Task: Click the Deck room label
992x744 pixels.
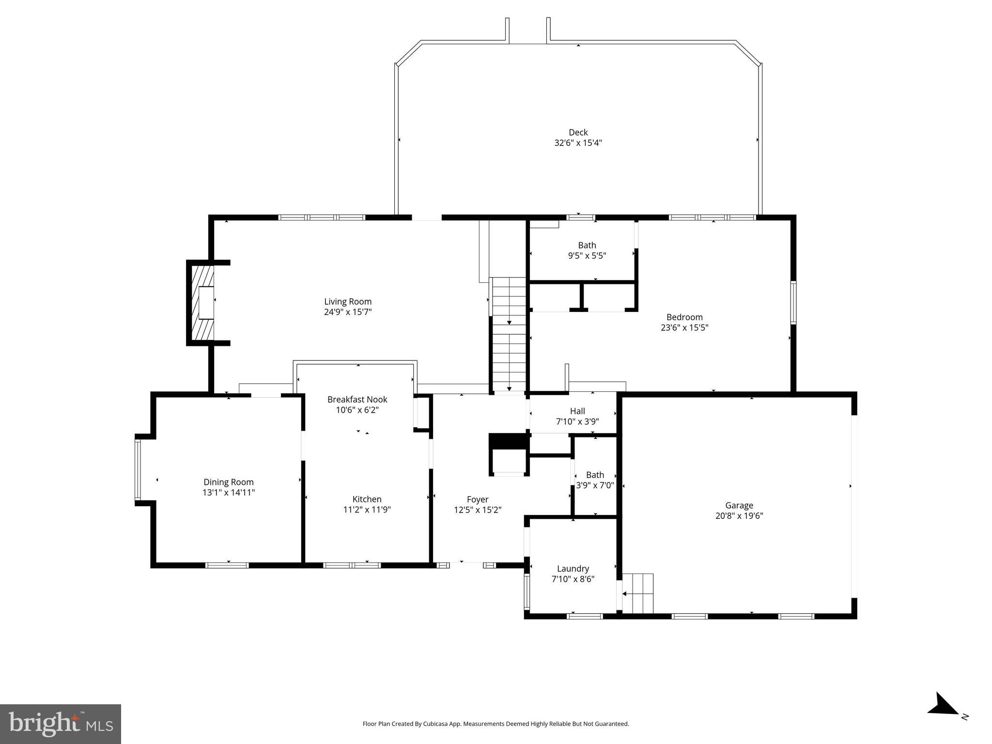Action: point(578,132)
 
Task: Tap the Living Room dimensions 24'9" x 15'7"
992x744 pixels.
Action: point(348,312)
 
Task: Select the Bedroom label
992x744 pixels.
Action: point(684,317)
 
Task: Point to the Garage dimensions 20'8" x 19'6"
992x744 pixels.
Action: point(739,516)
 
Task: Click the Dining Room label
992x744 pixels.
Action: point(228,482)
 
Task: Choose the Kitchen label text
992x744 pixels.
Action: point(367,499)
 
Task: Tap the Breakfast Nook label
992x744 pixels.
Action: point(357,400)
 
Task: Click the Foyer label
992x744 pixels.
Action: point(477,499)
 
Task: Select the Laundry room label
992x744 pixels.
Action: point(573,569)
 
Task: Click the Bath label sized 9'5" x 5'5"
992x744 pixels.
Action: point(587,250)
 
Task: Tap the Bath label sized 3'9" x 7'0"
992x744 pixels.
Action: point(595,480)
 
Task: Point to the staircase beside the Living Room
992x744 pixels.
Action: point(509,334)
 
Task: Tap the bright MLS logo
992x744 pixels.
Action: point(61,724)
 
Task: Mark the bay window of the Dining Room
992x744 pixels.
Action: point(138,469)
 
